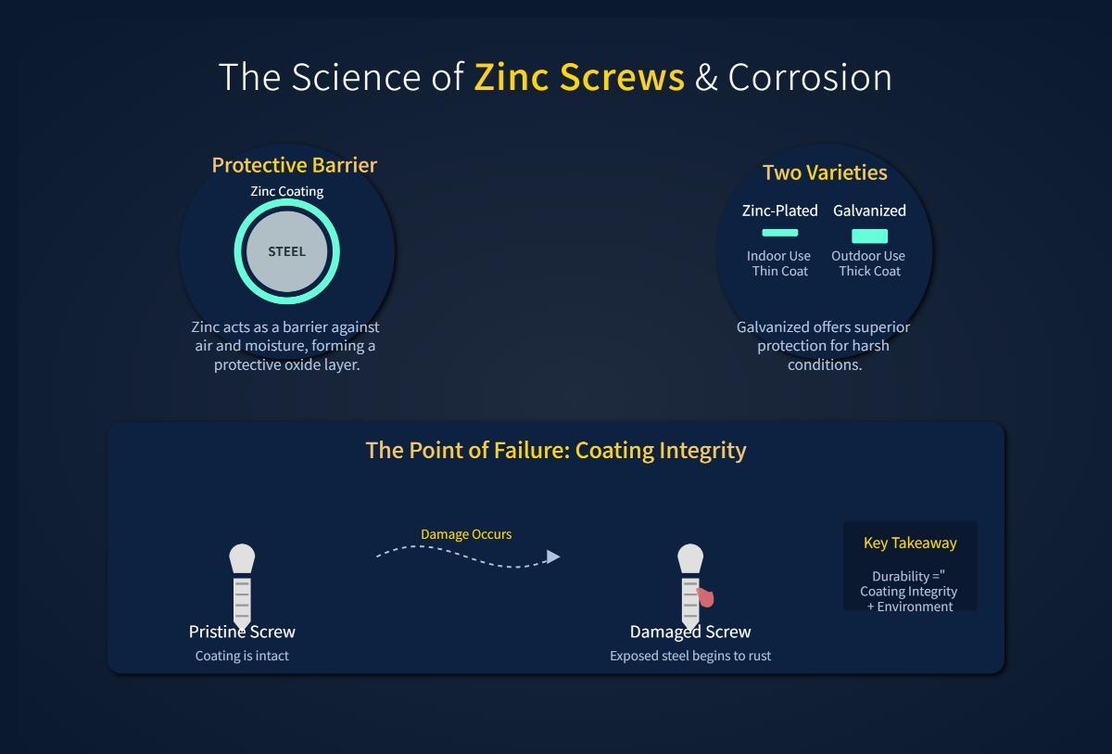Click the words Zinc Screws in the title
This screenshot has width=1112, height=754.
tap(579, 77)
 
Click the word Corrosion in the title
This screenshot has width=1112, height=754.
tap(810, 77)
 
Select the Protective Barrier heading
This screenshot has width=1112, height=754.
tap(294, 165)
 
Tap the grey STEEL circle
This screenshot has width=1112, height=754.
tap(286, 251)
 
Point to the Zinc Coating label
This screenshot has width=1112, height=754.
tap(287, 192)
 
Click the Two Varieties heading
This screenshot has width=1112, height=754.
tap(825, 173)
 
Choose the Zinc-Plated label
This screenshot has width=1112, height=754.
tap(780, 211)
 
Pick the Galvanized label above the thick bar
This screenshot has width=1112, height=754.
tap(869, 211)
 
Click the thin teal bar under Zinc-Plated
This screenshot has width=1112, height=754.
tap(779, 233)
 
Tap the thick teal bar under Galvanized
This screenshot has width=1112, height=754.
tap(869, 236)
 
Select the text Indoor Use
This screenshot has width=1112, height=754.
tap(778, 256)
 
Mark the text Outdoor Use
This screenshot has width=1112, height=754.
tap(868, 256)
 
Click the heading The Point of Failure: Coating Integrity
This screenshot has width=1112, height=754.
tap(556, 451)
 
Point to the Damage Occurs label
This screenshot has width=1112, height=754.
tap(466, 534)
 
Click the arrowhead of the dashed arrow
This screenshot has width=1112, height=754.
tap(553, 556)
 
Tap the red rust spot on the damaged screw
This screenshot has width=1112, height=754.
tap(706, 597)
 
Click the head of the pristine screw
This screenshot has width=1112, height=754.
tap(242, 558)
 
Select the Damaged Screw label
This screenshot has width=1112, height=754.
tap(690, 632)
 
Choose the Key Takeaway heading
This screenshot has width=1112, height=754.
tap(910, 543)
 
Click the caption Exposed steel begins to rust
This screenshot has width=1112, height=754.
tap(690, 656)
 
